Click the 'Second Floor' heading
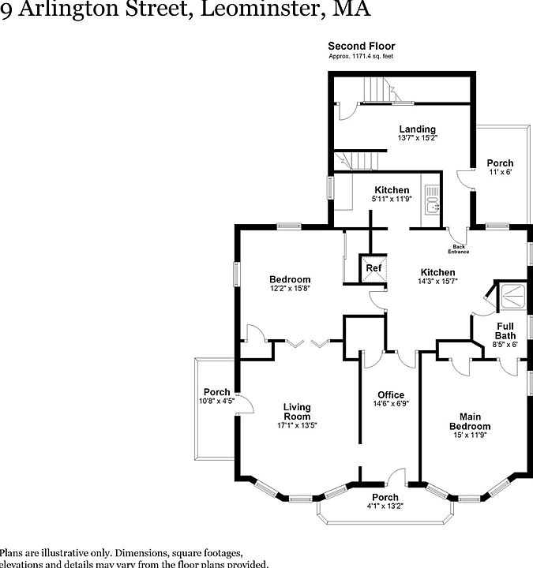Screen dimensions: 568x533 [x=361, y=46]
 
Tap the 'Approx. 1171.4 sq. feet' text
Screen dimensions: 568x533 [x=361, y=56]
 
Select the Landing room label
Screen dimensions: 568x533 [x=417, y=129]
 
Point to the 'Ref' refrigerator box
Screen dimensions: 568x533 [x=373, y=268]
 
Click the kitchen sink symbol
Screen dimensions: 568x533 [x=432, y=200]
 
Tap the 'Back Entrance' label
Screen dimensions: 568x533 [x=459, y=249]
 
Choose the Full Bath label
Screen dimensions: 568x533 [x=505, y=331]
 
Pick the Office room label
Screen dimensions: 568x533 [x=390, y=395]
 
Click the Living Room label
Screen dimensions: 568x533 [x=297, y=412]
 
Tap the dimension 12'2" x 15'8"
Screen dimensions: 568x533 [x=290, y=289]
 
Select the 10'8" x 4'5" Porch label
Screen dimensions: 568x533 [x=217, y=401]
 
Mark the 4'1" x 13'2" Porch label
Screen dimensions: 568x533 [x=385, y=506]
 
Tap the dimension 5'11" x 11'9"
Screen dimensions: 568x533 [x=392, y=199]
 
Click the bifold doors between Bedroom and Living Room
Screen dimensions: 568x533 [x=308, y=342]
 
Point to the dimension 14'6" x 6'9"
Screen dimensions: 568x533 [x=390, y=405]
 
